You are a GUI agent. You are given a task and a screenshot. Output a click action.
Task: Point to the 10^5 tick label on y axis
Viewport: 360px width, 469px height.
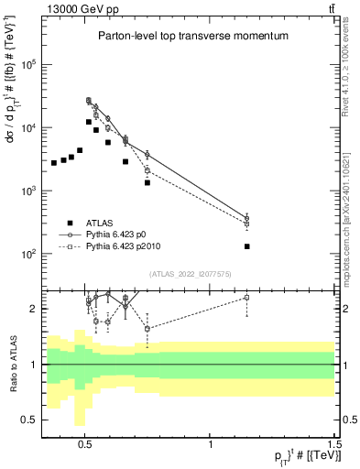pyautogui.click(x=27, y=65)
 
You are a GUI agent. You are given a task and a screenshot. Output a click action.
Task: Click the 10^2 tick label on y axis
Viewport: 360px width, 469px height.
pyautogui.click(x=27, y=254)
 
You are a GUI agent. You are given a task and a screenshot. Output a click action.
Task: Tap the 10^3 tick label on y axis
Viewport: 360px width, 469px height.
pyautogui.click(x=27, y=191)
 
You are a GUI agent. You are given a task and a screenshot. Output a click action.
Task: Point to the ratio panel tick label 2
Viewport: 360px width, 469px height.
pyautogui.click(x=32, y=309)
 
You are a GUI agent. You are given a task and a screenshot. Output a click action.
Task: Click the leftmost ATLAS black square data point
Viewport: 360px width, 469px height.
pyautogui.click(x=54, y=163)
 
